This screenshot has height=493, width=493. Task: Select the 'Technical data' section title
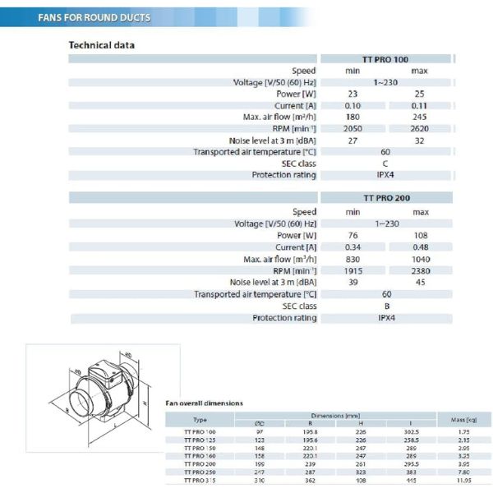(x=101, y=45)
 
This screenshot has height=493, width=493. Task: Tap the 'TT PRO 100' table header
(x=385, y=59)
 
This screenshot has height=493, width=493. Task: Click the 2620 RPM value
(x=419, y=129)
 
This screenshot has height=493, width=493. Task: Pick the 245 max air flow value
(x=419, y=117)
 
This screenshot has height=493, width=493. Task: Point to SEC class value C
(x=385, y=164)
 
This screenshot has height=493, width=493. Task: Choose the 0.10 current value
(x=352, y=106)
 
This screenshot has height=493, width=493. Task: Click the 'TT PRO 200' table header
(x=386, y=198)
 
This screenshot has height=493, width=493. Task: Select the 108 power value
(x=421, y=236)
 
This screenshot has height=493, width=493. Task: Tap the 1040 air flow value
(x=421, y=259)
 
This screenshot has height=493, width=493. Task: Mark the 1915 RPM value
(x=353, y=271)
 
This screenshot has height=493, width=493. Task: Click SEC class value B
(x=386, y=306)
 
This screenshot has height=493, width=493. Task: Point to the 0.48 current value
(x=421, y=247)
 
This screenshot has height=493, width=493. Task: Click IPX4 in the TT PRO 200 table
(x=386, y=317)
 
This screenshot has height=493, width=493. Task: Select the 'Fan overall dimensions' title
(x=205, y=403)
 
